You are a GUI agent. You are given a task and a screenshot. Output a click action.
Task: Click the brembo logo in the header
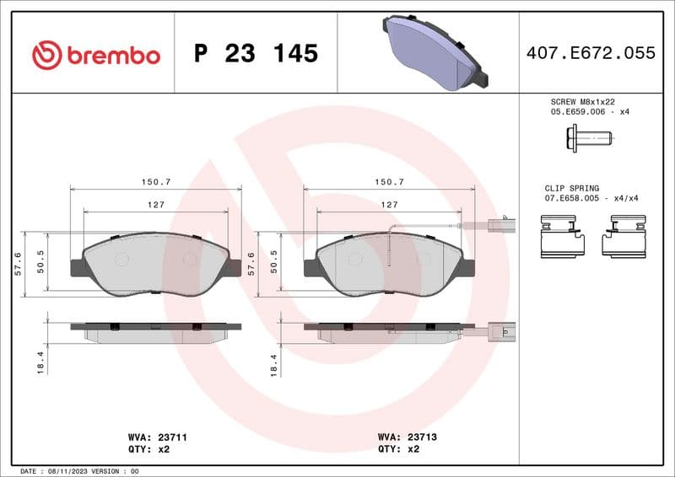[95, 55]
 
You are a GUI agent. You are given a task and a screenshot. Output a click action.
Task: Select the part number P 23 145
[256, 54]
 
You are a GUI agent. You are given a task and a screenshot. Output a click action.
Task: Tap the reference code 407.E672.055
[590, 53]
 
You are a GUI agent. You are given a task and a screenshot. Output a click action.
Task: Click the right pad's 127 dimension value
[389, 205]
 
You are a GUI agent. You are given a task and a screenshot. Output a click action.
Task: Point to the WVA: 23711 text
[151, 437]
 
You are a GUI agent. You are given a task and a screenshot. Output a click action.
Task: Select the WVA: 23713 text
[406, 437]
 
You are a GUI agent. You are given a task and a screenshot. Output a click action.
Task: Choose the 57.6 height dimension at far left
[18, 264]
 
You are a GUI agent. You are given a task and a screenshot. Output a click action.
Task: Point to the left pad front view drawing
[156, 264]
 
